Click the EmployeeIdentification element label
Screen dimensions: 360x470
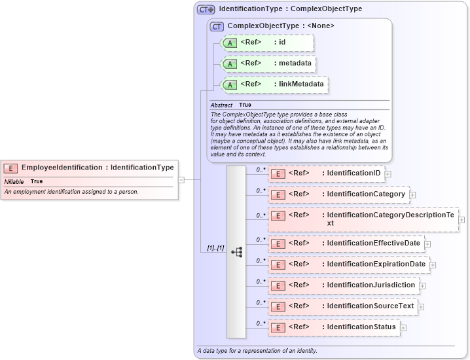97,168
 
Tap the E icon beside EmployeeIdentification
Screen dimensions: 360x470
11,168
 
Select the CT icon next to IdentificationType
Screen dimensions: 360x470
206,10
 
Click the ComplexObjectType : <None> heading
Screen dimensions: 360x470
281,26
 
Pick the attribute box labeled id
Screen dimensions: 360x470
268,43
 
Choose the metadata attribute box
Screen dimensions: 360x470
269,64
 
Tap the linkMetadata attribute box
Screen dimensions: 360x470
274,84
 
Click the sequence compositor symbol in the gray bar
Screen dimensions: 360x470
236,251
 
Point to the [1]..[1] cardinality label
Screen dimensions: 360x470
215,248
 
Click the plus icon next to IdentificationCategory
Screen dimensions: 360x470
412,195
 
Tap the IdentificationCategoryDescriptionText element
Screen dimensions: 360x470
363,219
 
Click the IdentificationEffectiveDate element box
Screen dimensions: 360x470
345,243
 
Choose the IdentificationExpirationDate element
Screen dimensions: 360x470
348,264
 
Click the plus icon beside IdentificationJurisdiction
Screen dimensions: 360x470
422,286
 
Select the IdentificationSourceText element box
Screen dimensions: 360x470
342,306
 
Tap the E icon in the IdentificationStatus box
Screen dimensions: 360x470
278,327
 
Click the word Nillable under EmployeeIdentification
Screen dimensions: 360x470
14,181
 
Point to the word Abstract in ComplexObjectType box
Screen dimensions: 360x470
221,105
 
